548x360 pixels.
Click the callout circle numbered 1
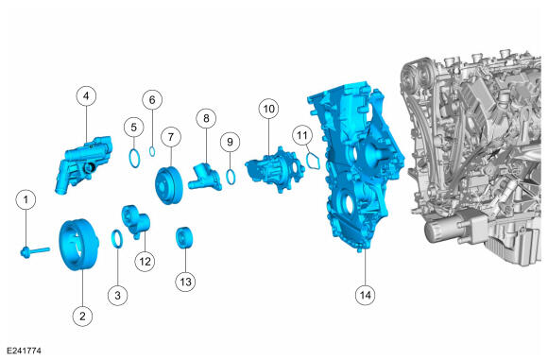[26, 199]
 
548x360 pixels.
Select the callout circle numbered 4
[86, 95]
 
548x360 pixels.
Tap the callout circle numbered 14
[366, 295]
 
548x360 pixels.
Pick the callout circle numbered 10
[268, 109]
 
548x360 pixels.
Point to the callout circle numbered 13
[185, 282]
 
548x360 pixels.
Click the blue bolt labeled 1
[35, 251]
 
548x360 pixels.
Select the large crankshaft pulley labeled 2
[78, 244]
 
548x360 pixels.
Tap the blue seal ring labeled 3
[117, 239]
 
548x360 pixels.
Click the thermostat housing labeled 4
[84, 163]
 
